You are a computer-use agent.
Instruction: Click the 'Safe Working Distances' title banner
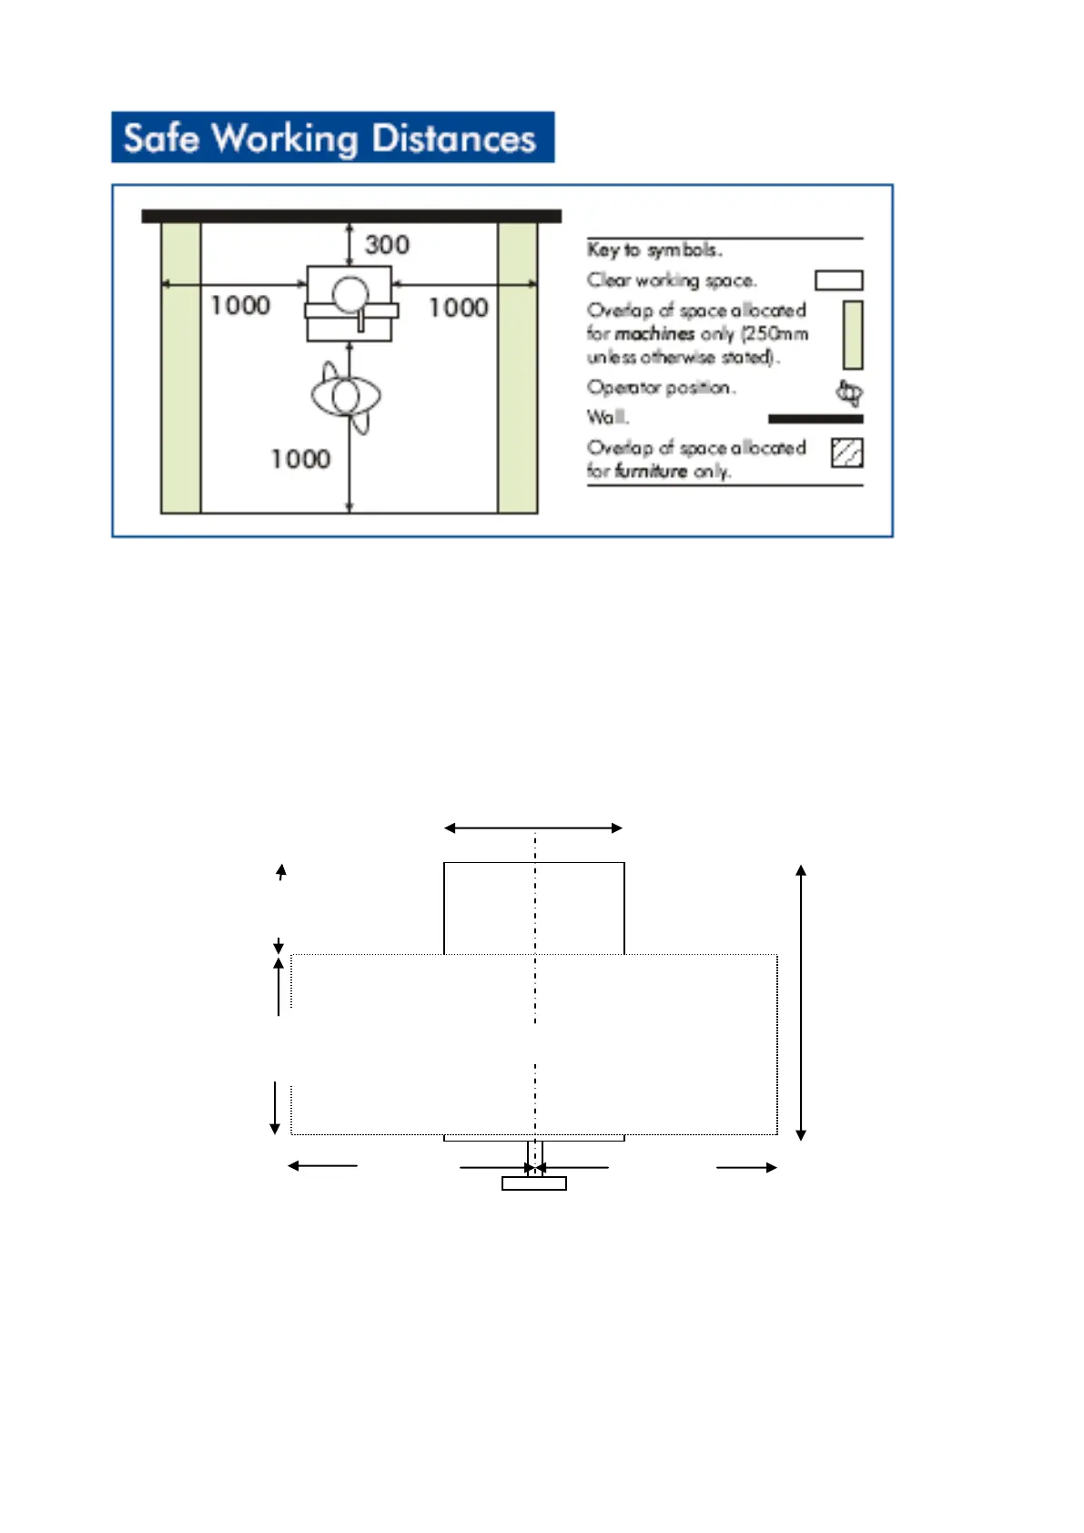(332, 137)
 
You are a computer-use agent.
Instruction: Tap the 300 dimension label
(387, 245)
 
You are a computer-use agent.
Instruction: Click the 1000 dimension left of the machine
(240, 305)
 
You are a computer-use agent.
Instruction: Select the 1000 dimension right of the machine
(459, 308)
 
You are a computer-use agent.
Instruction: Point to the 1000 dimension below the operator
(300, 459)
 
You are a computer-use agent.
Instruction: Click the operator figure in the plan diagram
(346, 397)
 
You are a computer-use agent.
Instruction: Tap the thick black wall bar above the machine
(351, 216)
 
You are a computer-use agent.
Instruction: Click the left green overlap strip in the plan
(180, 368)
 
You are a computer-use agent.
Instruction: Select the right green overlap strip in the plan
(517, 368)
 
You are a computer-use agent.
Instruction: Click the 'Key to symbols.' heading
(654, 249)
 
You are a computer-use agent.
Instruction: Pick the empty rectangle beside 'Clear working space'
(838, 280)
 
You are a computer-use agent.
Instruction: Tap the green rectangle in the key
(852, 335)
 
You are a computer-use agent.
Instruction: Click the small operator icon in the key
(849, 393)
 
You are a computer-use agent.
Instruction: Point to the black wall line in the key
(816, 419)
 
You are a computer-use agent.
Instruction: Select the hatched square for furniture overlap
(847, 452)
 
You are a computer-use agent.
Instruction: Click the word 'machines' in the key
(654, 334)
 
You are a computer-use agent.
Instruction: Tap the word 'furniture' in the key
(651, 472)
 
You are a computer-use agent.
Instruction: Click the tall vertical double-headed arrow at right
(801, 1002)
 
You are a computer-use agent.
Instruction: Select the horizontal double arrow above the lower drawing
(533, 828)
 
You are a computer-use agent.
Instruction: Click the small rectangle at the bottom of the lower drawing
(534, 1183)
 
